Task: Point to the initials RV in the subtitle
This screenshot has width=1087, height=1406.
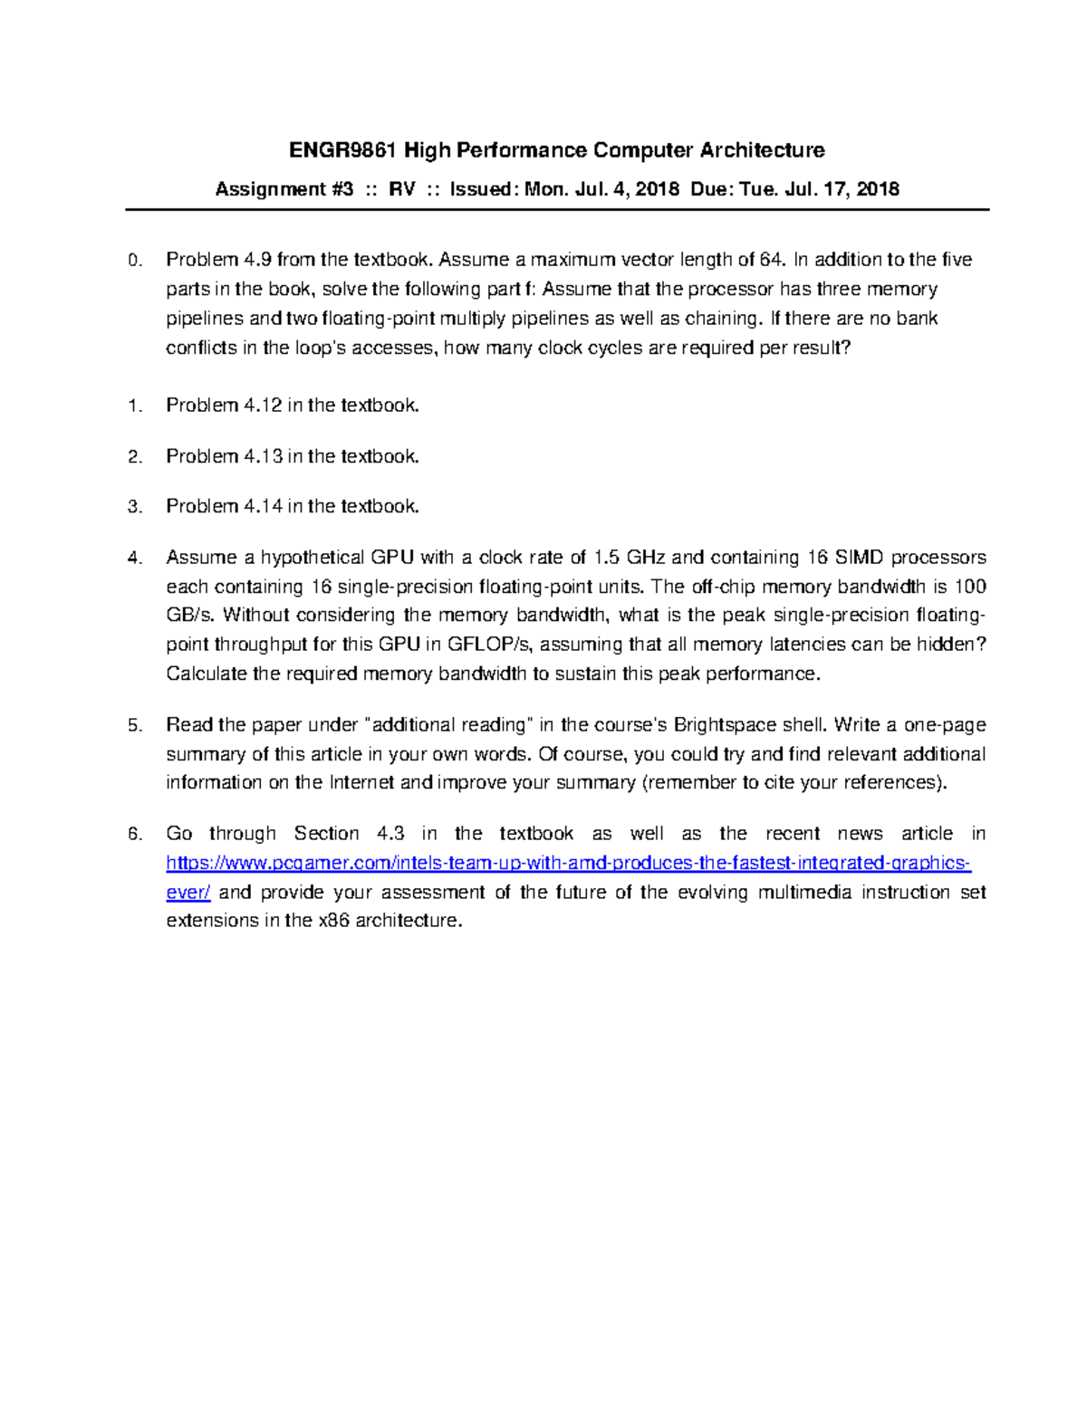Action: click(x=402, y=189)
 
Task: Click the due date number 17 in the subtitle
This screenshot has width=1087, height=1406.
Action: click(x=836, y=189)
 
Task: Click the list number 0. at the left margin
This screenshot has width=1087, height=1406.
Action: click(x=135, y=261)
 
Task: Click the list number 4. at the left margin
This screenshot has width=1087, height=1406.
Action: click(x=135, y=559)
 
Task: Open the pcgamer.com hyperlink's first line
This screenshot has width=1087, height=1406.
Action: click(x=569, y=863)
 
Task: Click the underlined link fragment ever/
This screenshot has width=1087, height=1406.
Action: click(x=188, y=893)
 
